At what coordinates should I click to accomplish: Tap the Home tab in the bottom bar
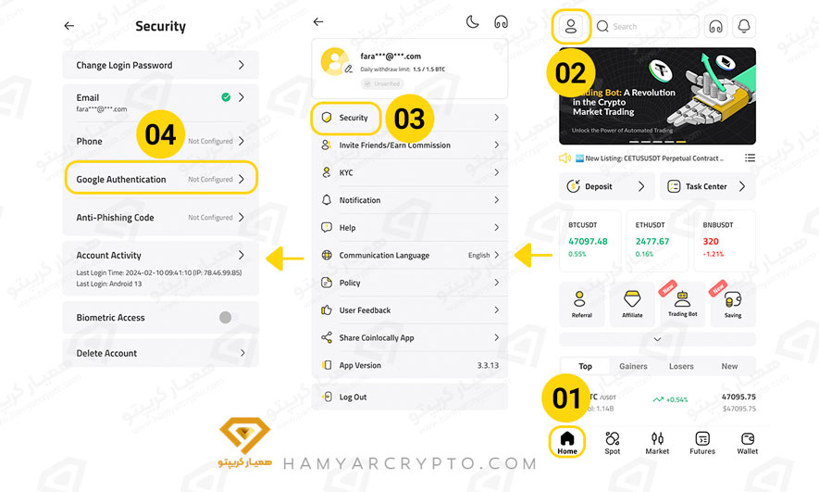coord(567,441)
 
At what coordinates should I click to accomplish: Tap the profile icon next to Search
coord(571,26)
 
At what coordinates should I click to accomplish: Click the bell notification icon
coord(744,26)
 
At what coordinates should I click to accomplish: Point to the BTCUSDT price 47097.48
coord(588,241)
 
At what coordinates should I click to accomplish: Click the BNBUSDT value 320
coord(710,241)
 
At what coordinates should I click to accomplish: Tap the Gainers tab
coord(633,366)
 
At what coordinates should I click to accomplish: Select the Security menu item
coord(354,118)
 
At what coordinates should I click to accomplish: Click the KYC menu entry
coord(346,172)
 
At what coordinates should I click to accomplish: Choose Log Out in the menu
coord(353,397)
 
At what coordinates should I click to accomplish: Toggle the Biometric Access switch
coord(225,317)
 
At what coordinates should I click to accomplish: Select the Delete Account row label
coord(106,353)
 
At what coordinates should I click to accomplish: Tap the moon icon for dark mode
coord(472,21)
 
